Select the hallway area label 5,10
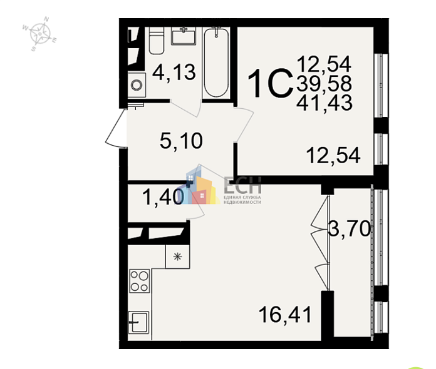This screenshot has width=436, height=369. (x=181, y=141)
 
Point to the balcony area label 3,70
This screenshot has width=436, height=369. (x=350, y=230)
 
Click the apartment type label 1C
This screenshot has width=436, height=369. (x=271, y=83)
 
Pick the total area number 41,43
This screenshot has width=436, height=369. (x=324, y=102)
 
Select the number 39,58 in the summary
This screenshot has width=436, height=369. (x=324, y=83)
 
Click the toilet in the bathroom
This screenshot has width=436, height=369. (x=156, y=41)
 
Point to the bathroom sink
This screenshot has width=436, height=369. (x=186, y=36)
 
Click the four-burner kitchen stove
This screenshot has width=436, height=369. (x=140, y=280)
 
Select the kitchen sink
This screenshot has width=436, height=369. (x=138, y=323)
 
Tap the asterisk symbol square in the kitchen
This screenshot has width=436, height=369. (x=177, y=255)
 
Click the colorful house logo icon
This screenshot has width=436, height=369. (x=199, y=186)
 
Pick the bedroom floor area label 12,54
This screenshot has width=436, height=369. (x=333, y=154)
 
